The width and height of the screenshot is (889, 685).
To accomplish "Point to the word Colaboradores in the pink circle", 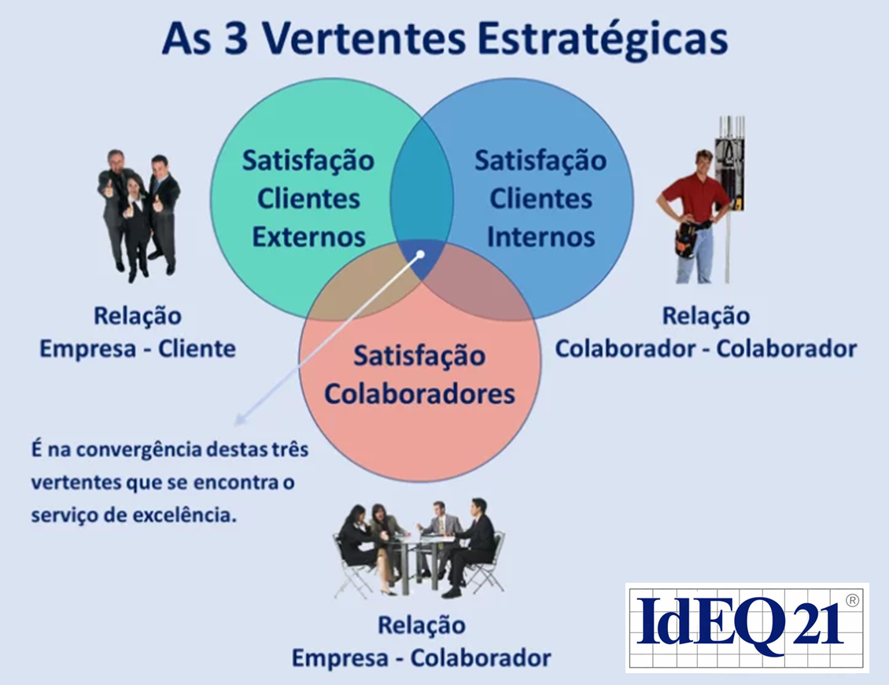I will (419, 393).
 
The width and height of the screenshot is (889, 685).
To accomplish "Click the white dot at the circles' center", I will (421, 255).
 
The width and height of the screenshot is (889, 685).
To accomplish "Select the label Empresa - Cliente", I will (138, 348).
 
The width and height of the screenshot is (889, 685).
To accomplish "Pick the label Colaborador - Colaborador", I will (706, 348).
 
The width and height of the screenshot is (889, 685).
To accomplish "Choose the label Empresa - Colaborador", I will (421, 657).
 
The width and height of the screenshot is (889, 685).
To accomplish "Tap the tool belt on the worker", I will (688, 237).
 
